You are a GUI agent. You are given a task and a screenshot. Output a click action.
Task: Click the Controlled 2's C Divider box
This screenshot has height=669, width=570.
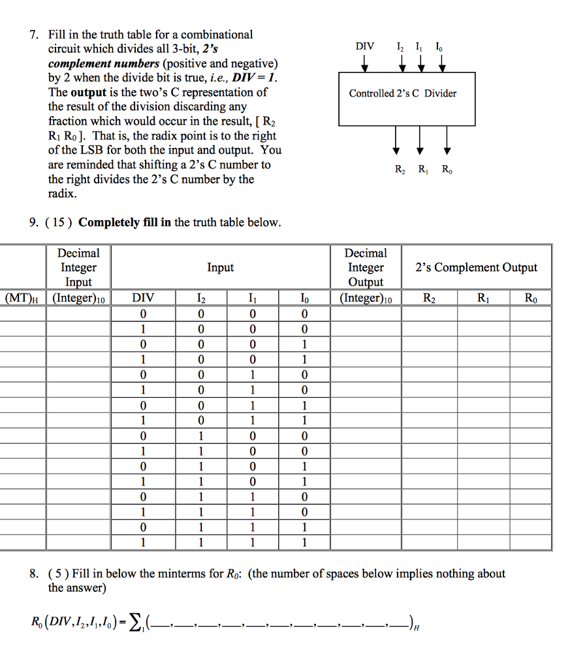click(x=406, y=99)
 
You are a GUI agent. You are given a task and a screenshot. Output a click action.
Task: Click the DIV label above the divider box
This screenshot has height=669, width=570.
click(x=365, y=46)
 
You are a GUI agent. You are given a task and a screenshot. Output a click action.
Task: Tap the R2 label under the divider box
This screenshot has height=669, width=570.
click(x=400, y=171)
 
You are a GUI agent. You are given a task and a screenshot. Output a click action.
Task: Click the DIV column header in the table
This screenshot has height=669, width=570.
click(x=143, y=299)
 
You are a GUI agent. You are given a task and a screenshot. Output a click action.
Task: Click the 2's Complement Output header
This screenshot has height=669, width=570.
click(x=476, y=267)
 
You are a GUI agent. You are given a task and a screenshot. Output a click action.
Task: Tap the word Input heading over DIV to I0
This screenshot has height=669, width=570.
click(x=220, y=267)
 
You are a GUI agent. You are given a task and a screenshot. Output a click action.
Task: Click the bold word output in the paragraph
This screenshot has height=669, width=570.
click(x=88, y=92)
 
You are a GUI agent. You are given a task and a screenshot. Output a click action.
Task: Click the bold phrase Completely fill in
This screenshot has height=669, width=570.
click(x=125, y=222)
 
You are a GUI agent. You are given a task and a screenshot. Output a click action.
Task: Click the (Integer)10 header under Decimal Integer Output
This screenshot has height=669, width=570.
click(x=365, y=299)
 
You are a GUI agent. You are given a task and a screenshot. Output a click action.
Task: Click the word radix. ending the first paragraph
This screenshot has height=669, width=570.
click(x=63, y=194)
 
